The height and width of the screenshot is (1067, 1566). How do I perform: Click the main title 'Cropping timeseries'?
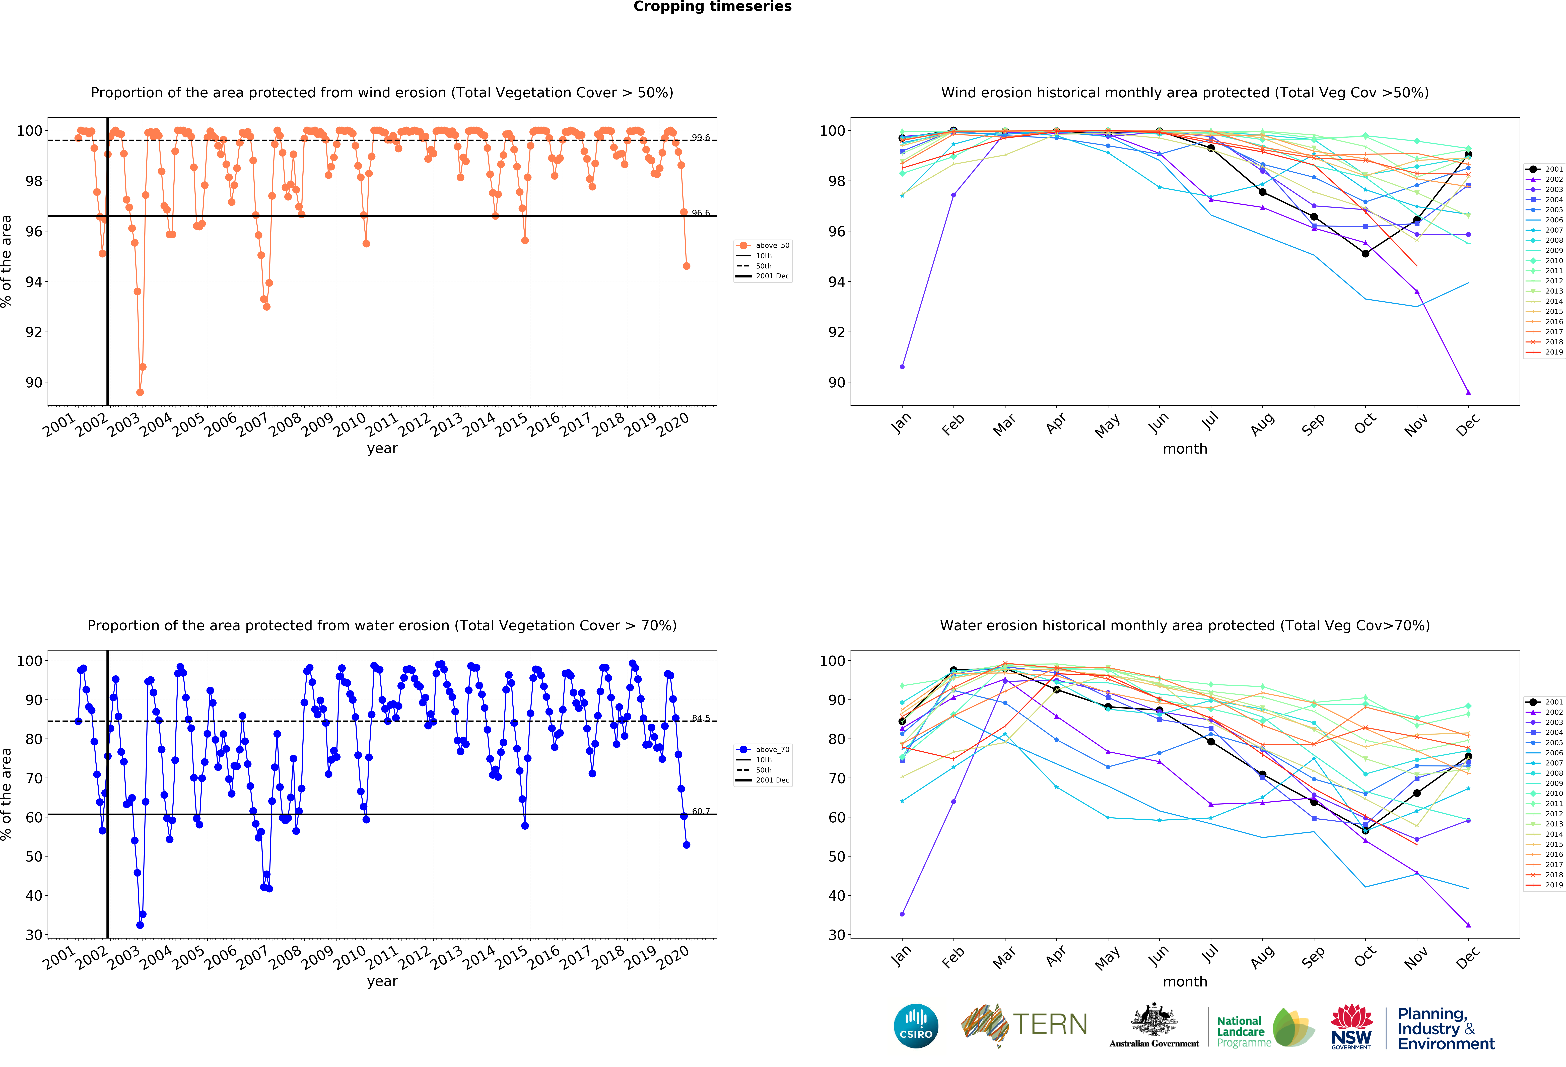(x=712, y=7)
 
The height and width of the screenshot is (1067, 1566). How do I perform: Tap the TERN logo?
(x=1024, y=1025)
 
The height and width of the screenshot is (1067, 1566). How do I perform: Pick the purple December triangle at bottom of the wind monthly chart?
(x=1468, y=392)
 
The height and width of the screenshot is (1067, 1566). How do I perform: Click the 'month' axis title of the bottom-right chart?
(x=1185, y=981)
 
